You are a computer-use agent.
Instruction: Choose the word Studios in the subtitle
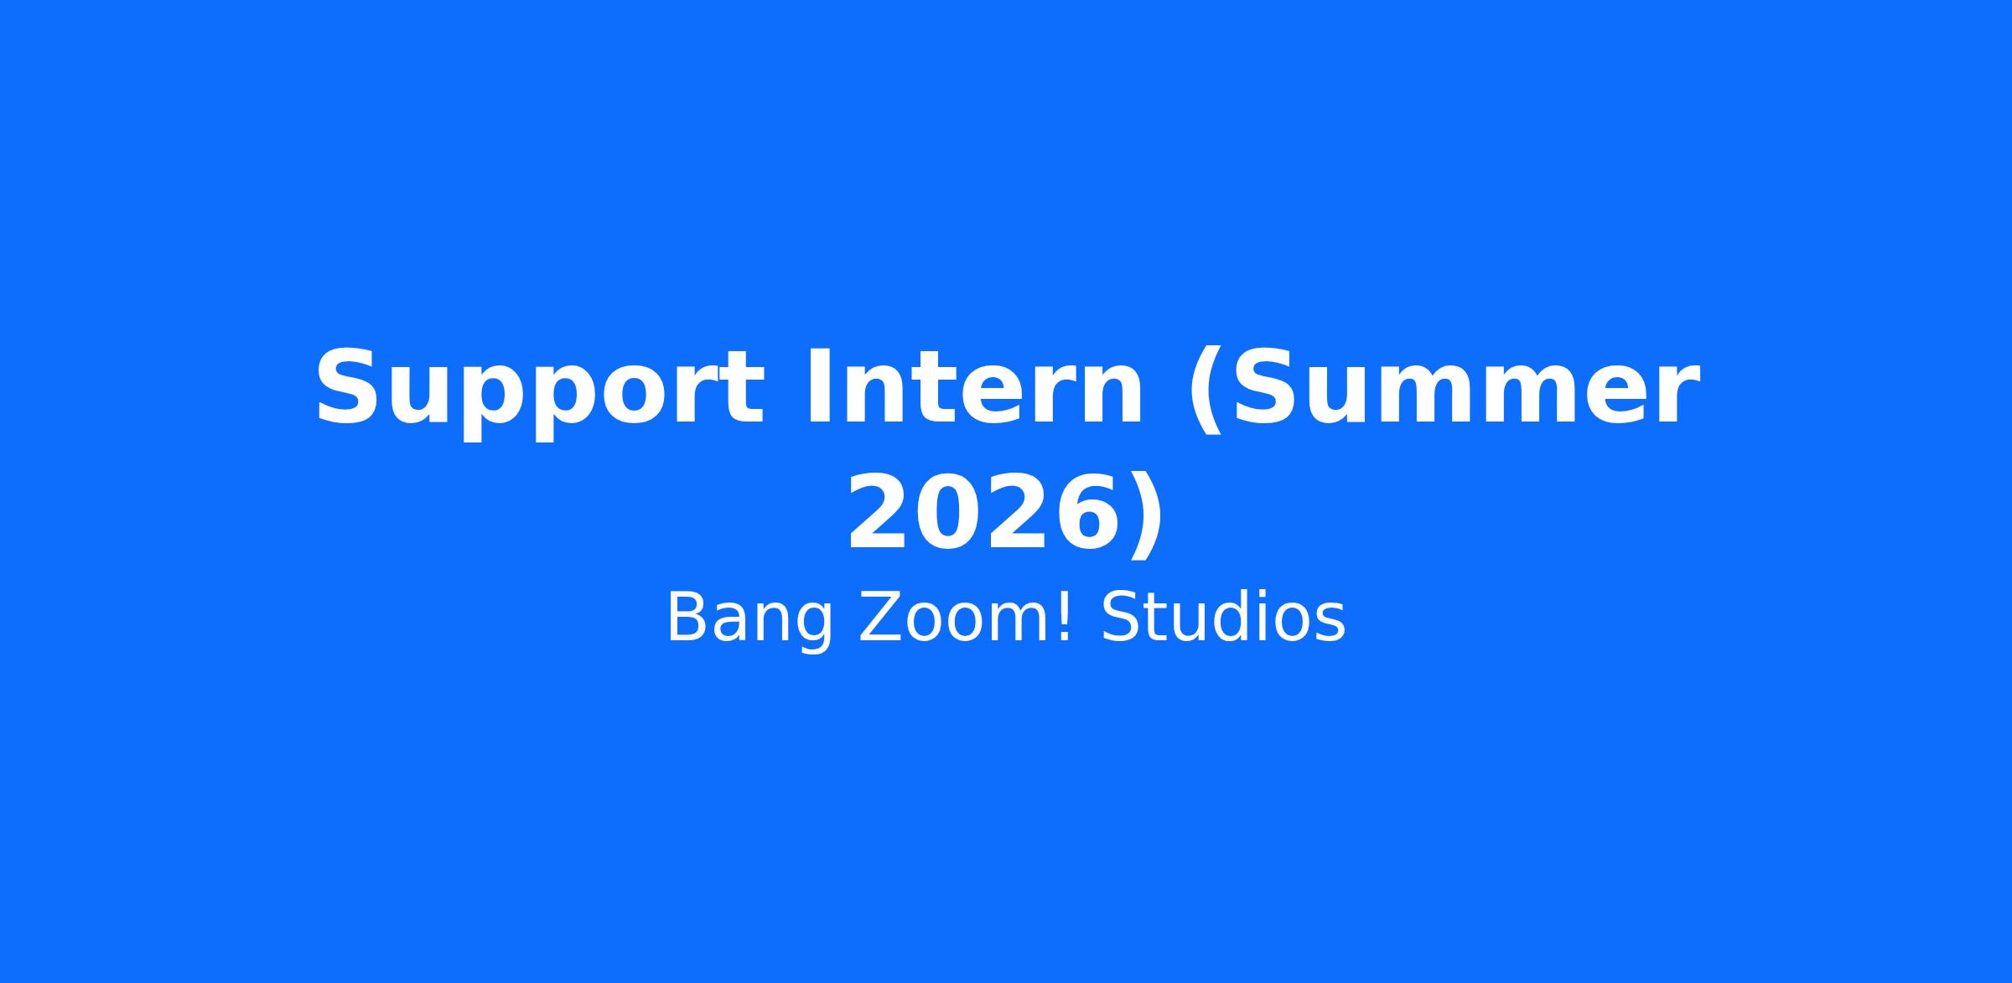tap(1223, 618)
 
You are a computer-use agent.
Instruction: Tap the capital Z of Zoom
tap(879, 618)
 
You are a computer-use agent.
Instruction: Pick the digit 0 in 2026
tap(950, 513)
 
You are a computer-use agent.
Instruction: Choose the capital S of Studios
tap(1120, 618)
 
